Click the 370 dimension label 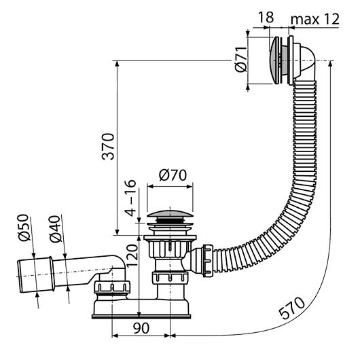(x=108, y=146)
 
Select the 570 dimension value (x=291, y=307)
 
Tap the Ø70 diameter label (x=173, y=175)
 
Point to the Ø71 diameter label (x=241, y=59)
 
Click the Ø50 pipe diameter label (x=24, y=228)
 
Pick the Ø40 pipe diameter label (x=56, y=229)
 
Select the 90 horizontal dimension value (x=141, y=328)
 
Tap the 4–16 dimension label (x=130, y=198)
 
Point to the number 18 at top (x=266, y=17)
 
